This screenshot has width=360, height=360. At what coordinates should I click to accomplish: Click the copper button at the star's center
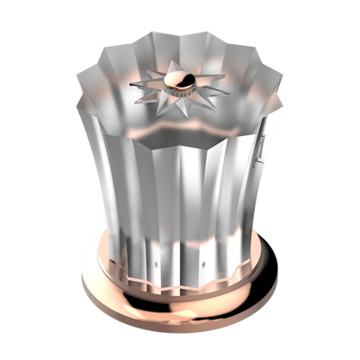tap(179, 85)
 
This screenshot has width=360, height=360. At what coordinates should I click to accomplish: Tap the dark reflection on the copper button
tap(184, 88)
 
